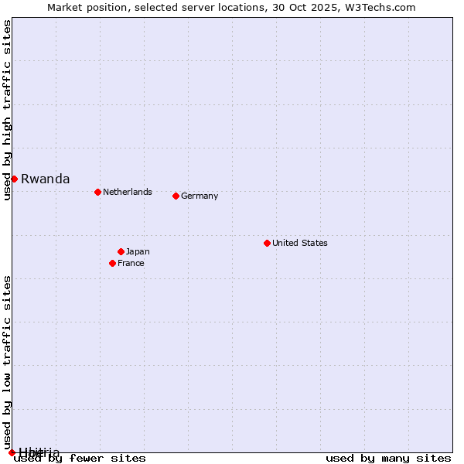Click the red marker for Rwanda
pyautogui.click(x=14, y=179)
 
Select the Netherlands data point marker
pyautogui.click(x=97, y=192)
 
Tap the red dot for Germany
pyautogui.click(x=176, y=196)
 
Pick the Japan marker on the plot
pyautogui.click(x=121, y=251)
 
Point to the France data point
pyautogui.click(x=112, y=263)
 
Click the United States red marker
pyautogui.click(x=267, y=243)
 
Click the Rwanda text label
pyautogui.click(x=45, y=179)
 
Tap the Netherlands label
pyautogui.click(x=127, y=192)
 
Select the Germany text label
pyautogui.click(x=200, y=196)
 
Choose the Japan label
pyautogui.click(x=138, y=251)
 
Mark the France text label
pyautogui.click(x=131, y=263)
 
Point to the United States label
pyautogui.click(x=300, y=243)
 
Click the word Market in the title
pyautogui.click(x=64, y=8)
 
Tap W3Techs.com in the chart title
pyautogui.click(x=380, y=8)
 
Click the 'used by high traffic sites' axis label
pyautogui.click(x=8, y=110)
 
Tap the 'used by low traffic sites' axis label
pyautogui.click(x=8, y=362)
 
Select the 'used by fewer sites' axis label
pyautogui.click(x=80, y=458)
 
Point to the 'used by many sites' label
pyautogui.click(x=388, y=458)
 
